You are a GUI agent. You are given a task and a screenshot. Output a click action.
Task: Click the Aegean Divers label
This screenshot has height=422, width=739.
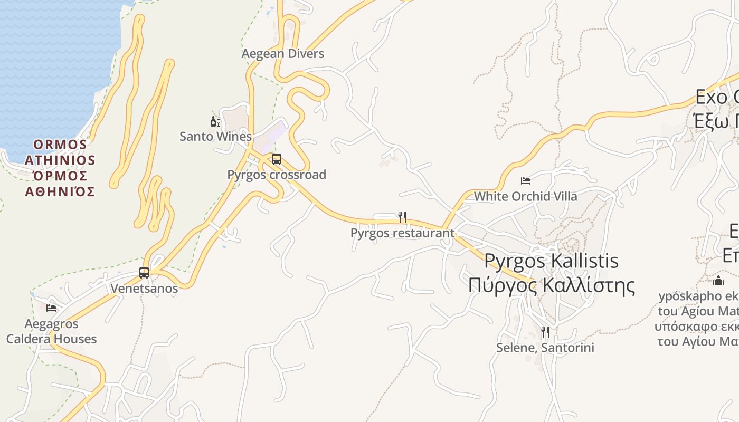coord(283,54)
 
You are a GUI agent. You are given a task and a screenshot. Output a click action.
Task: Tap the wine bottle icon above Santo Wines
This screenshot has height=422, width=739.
coord(215,122)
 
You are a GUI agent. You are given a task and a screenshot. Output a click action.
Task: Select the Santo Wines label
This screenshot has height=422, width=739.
coord(215,137)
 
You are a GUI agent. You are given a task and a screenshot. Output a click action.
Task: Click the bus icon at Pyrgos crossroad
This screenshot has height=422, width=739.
coord(277,159)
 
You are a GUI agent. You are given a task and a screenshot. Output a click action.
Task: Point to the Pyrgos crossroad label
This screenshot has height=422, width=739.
coord(277,175)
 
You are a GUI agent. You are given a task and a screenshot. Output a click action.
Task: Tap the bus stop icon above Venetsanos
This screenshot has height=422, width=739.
coord(144,273)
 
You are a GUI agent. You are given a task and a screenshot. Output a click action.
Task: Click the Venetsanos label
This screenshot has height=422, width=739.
coord(144,289)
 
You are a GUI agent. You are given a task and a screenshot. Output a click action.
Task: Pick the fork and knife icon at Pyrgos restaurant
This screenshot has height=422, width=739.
coord(402,217)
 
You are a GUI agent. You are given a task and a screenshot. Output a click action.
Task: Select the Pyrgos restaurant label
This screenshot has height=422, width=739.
coord(402,233)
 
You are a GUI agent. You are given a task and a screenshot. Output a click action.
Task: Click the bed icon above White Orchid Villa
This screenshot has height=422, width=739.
coord(525,181)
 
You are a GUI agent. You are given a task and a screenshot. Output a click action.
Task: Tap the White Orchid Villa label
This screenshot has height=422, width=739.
coord(525,196)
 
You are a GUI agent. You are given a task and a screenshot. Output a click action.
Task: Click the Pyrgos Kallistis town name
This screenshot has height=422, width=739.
coord(551,261)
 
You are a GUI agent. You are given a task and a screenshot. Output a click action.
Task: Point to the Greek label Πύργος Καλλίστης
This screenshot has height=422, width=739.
coord(551,285)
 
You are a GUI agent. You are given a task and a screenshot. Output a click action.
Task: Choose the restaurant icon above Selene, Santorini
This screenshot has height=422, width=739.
coord(545,332)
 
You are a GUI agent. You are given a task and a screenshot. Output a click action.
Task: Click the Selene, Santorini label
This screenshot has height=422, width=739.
coord(545,348)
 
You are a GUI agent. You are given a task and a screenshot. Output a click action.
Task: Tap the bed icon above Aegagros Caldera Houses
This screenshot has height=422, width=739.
coord(51,308)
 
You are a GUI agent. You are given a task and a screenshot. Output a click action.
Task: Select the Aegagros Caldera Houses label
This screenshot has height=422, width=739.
coord(51,331)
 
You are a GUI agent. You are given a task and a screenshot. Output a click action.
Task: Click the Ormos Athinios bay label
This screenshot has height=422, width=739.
coord(60,152)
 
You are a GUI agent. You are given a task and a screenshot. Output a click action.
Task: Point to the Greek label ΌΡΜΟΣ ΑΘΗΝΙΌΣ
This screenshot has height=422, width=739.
coord(60,184)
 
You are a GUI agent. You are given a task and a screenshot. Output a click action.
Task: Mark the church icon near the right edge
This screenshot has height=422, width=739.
coord(718,280)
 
